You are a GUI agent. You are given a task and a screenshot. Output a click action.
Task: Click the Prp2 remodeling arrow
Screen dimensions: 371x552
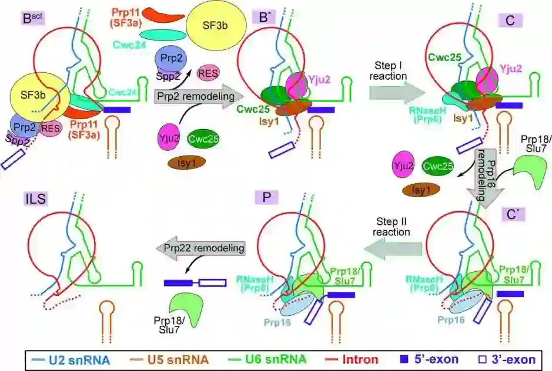(x=192, y=95)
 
